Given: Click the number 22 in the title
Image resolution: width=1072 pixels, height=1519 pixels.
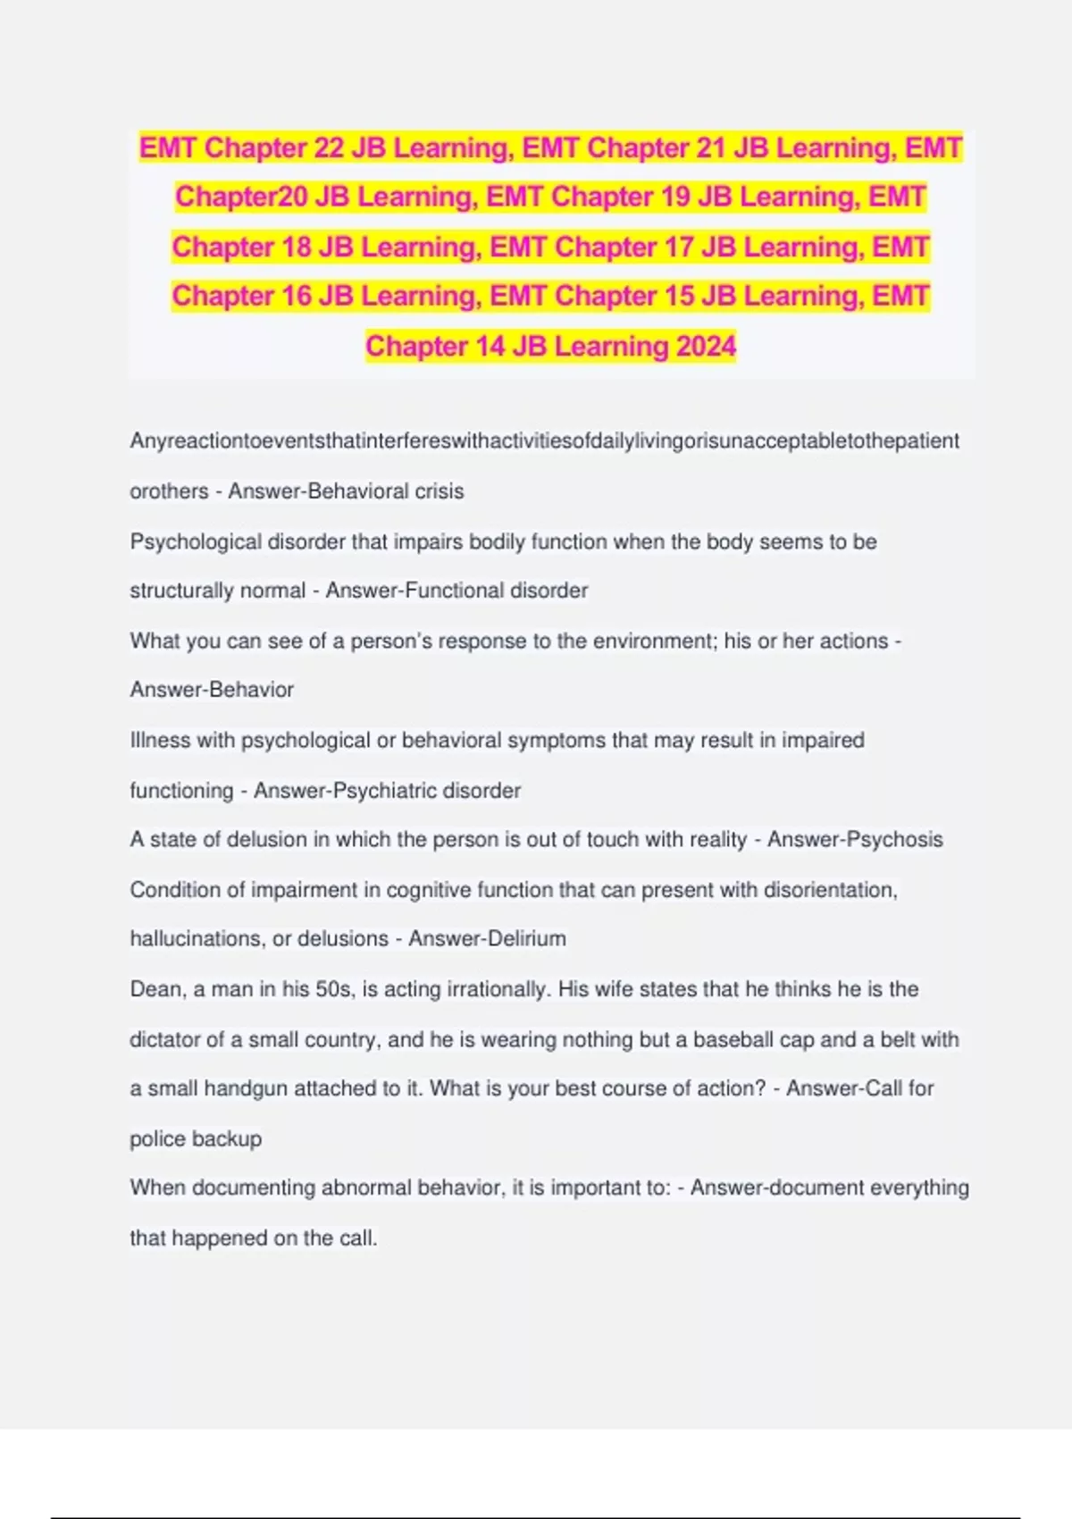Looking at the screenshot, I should [x=328, y=147].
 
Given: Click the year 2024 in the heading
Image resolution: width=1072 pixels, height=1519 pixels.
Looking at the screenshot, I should [x=707, y=346].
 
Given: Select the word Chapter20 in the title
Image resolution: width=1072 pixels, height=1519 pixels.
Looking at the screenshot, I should [x=240, y=197].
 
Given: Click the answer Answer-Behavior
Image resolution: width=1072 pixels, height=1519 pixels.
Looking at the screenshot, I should [x=212, y=690].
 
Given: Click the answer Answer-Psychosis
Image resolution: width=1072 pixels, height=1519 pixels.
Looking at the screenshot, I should [x=855, y=839].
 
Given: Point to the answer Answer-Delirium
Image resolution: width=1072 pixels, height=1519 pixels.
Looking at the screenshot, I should [x=487, y=938].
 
